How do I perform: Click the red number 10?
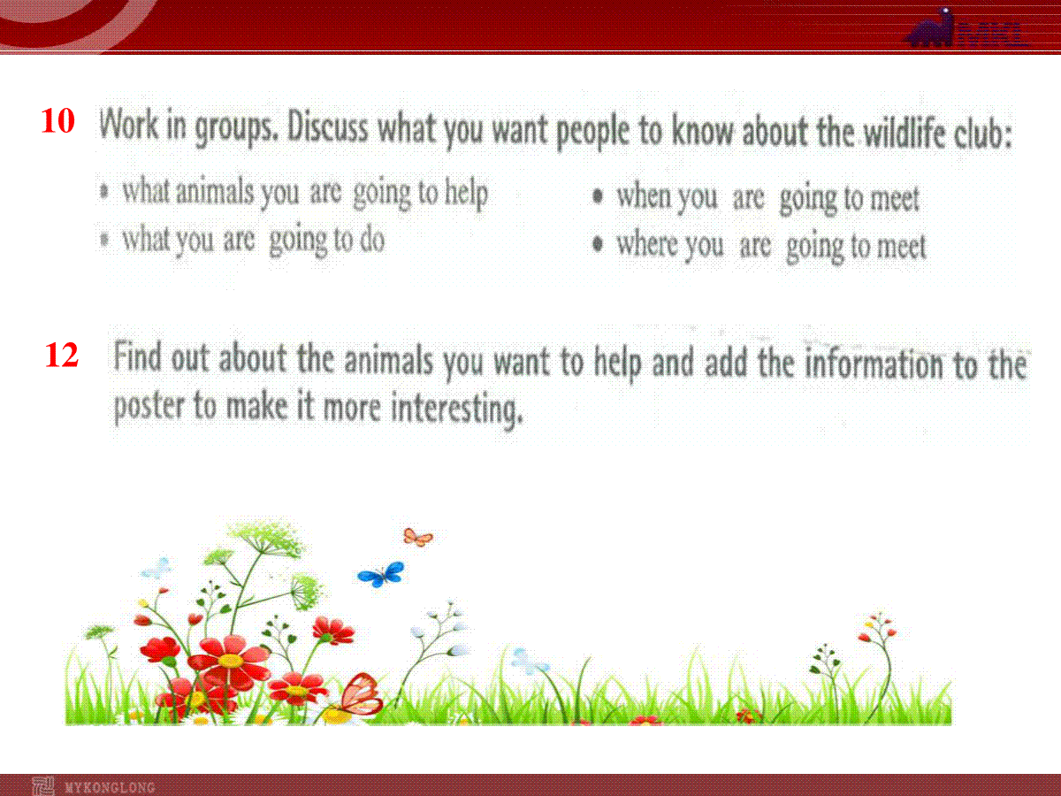click(58, 121)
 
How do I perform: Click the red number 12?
click(61, 356)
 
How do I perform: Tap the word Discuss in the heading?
click(327, 127)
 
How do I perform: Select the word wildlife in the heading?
click(904, 132)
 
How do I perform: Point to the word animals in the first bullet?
click(214, 191)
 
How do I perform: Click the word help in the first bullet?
click(466, 194)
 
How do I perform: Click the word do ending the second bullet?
click(372, 240)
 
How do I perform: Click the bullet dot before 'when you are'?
click(598, 196)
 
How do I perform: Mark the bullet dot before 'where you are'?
click(598, 243)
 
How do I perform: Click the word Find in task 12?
click(137, 356)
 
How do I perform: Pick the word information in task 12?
click(874, 363)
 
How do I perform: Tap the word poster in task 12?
click(149, 406)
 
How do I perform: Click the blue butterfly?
click(381, 574)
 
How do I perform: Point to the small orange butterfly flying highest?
click(418, 537)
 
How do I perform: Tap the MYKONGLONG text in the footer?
click(110, 787)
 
